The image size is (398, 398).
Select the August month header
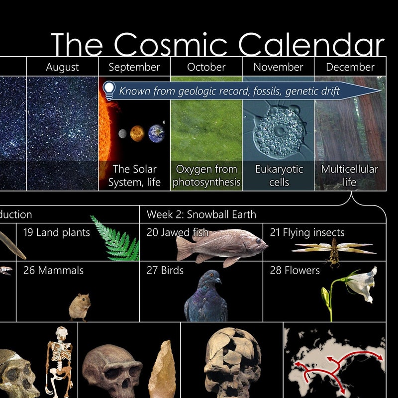(62, 67)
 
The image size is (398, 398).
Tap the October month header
(206, 67)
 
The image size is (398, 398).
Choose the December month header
(350, 67)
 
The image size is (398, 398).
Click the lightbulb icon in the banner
(108, 90)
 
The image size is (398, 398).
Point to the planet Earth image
(156, 132)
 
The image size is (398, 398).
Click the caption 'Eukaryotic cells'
(279, 176)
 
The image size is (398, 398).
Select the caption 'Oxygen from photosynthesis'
(206, 176)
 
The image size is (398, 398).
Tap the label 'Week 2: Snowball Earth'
(201, 215)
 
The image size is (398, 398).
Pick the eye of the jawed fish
(258, 241)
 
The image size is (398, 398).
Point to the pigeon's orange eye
(211, 275)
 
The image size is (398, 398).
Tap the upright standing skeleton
(59, 358)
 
